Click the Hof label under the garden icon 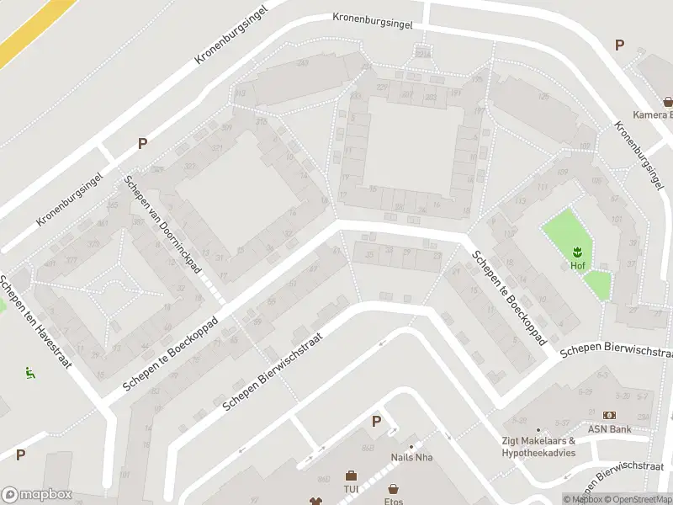pos(577,266)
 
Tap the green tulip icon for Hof pos(578,252)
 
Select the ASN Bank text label pos(608,428)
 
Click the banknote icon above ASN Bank pos(609,415)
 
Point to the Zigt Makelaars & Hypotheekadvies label pos(538,446)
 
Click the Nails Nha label pos(411,458)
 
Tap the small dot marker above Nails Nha pos(411,447)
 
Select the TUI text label pos(351,489)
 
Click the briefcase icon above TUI pos(351,476)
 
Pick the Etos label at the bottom pos(393,502)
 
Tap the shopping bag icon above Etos pos(393,489)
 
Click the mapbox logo pos(36,495)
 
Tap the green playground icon pos(30,372)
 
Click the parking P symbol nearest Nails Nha pos(376,421)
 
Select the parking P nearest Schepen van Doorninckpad pos(142,143)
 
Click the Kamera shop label pos(652,115)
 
